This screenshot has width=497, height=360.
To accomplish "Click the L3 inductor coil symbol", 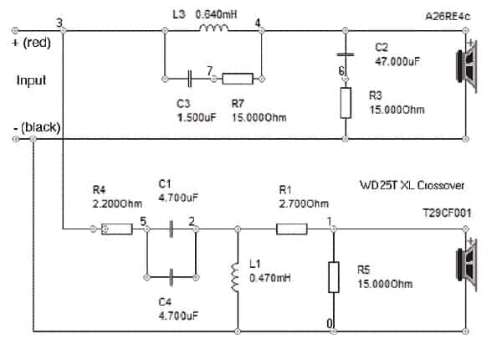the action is tap(213, 28).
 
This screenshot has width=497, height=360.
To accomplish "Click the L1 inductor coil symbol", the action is tap(235, 277).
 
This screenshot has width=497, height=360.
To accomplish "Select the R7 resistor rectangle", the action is tap(238, 79).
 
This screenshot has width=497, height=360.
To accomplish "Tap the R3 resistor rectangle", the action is tap(346, 103).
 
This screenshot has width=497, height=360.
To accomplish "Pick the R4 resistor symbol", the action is tap(116, 229).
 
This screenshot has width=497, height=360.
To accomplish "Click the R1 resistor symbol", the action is tap(292, 229).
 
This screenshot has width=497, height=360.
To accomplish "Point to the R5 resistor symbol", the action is tap(334, 277).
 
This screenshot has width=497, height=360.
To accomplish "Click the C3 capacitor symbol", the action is tap(190, 79).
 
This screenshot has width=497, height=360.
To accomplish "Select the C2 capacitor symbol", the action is tap(346, 54).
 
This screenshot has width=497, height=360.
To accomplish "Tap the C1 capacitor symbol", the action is tap(172, 229).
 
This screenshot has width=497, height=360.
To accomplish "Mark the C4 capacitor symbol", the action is tap(172, 277).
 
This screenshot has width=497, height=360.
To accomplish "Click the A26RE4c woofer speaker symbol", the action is tap(466, 67).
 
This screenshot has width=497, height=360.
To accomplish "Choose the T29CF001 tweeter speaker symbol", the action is tap(466, 265).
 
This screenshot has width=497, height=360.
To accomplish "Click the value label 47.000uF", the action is tap(397, 61).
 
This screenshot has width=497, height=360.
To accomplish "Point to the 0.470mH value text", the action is tap(270, 278).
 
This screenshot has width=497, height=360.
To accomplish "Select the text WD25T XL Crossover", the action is tap(412, 185).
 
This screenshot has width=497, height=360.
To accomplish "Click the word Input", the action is tap(32, 80).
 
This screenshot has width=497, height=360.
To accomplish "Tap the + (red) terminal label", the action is tap(31, 43).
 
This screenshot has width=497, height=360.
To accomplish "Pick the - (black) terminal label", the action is tap(37, 127).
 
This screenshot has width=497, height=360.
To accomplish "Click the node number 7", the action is tap(210, 70).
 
